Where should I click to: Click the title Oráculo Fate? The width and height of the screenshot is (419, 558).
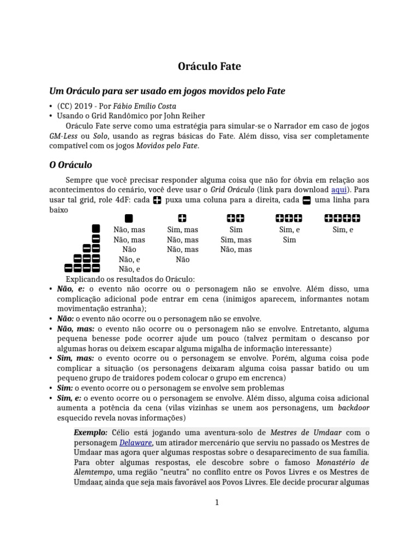pyautogui.click(x=209, y=66)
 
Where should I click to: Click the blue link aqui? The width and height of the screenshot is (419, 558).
pyautogui.click(x=339, y=190)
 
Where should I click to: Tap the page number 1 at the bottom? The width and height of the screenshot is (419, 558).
pyautogui.click(x=217, y=502)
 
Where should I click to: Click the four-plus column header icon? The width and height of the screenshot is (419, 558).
pyautogui.click(x=343, y=219)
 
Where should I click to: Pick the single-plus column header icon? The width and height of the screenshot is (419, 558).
pyautogui.click(x=182, y=219)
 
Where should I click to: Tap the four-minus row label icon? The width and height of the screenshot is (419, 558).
pyautogui.click(x=82, y=268)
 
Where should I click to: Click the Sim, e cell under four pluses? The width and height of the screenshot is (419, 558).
pyautogui.click(x=343, y=230)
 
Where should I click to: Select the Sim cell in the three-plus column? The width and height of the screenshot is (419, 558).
pyautogui.click(x=289, y=240)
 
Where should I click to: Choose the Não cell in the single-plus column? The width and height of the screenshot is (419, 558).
pyautogui.click(x=182, y=259)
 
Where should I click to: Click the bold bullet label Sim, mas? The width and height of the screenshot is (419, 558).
pyautogui.click(x=75, y=359)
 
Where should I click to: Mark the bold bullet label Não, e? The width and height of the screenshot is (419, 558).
pyautogui.click(x=71, y=289)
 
